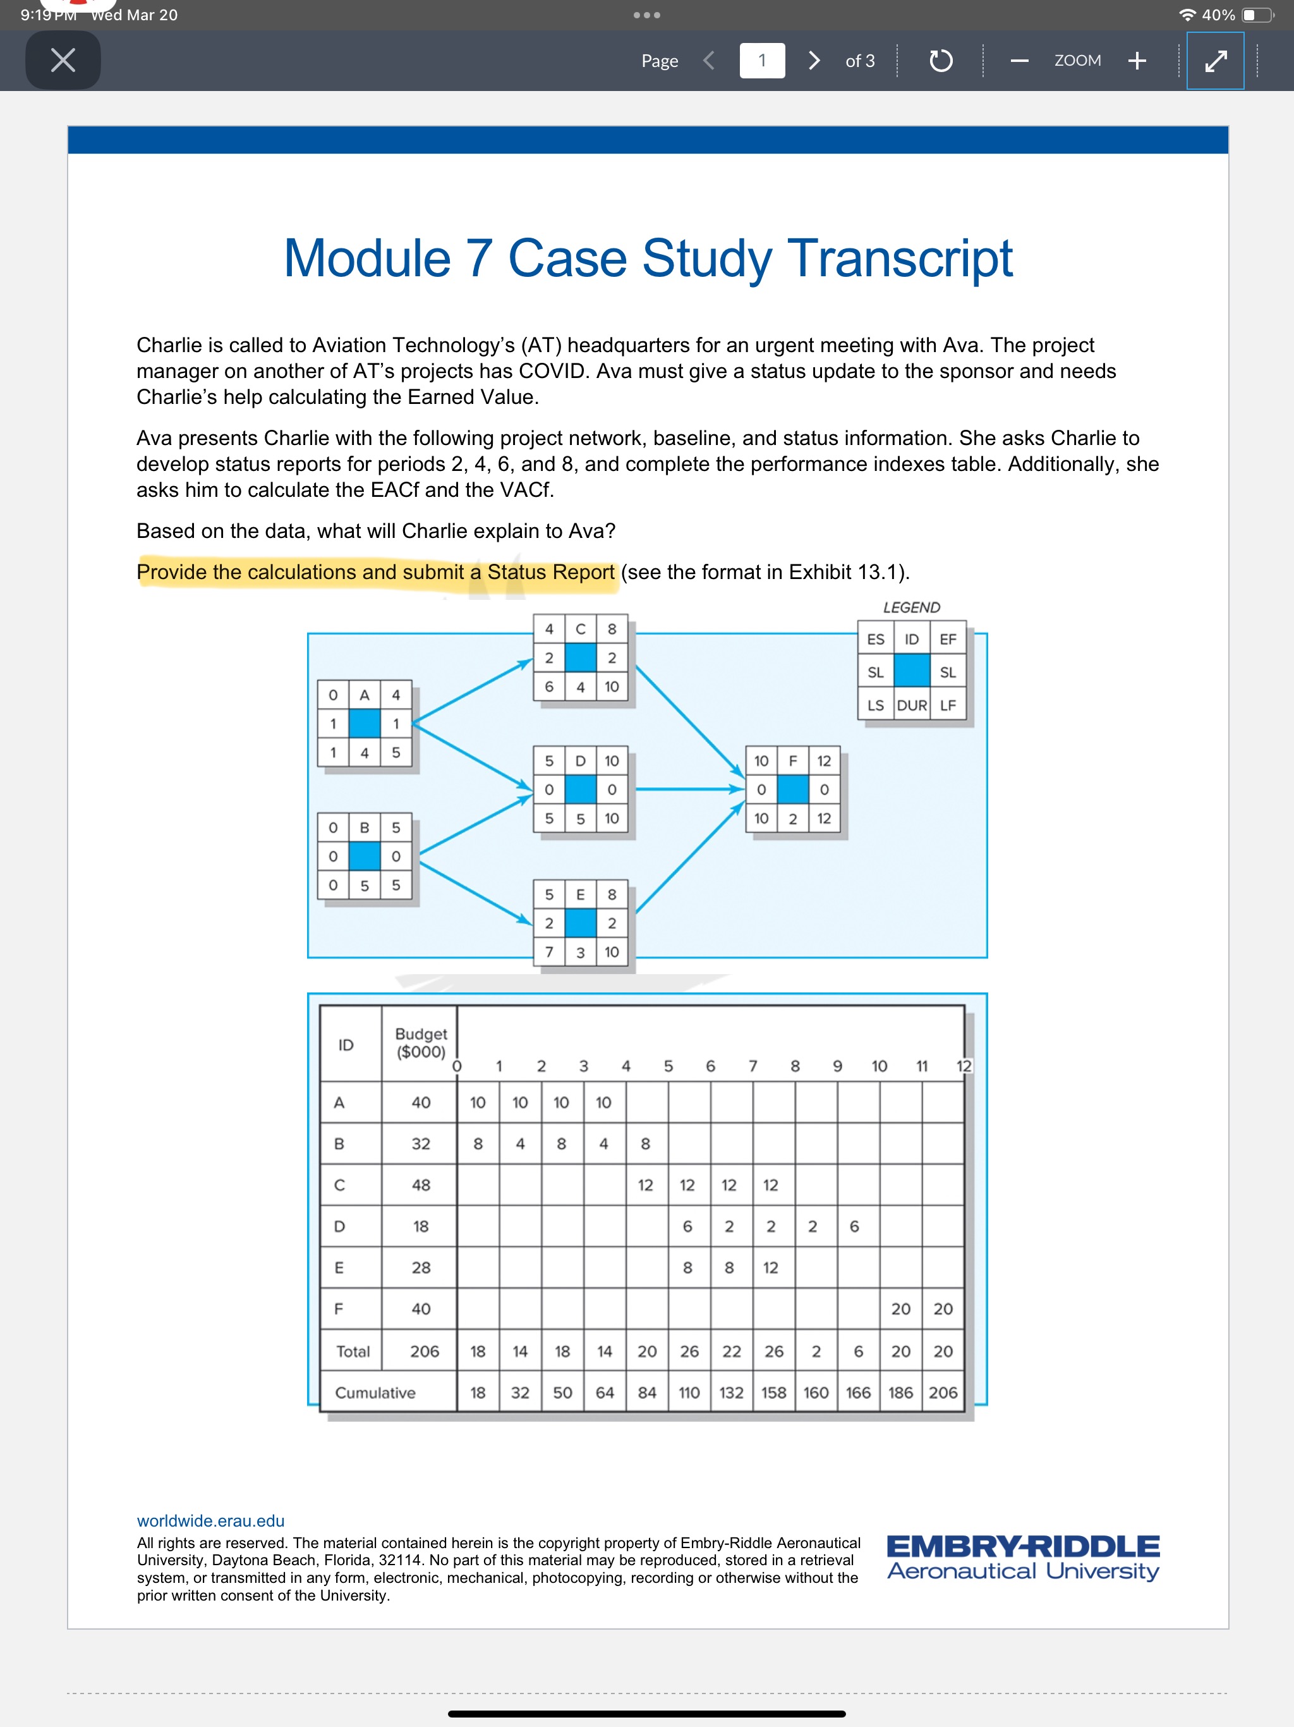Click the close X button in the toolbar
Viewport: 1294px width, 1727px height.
63,60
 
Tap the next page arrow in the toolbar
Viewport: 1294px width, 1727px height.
814,60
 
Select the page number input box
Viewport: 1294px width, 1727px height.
762,60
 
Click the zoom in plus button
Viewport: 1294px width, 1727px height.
1137,60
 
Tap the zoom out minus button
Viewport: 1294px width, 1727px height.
1019,60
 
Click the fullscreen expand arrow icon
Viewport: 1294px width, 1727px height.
1215,60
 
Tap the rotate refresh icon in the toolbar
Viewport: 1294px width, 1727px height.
940,60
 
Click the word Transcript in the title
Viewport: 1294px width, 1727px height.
900,258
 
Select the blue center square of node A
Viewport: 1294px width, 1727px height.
365,724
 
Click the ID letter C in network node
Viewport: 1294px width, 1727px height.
581,628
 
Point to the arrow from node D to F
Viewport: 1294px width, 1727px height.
687,790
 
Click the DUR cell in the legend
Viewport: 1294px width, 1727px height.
912,705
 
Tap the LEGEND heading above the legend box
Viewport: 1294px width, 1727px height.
911,607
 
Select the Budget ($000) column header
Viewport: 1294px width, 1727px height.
421,1043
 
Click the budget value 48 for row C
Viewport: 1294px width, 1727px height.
421,1185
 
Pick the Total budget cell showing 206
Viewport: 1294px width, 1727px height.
425,1352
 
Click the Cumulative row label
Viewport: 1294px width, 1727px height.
375,1393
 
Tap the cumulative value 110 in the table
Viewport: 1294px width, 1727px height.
689,1393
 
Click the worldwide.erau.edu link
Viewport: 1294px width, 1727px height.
211,1520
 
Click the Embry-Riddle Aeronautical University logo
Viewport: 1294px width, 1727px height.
1023,1557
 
